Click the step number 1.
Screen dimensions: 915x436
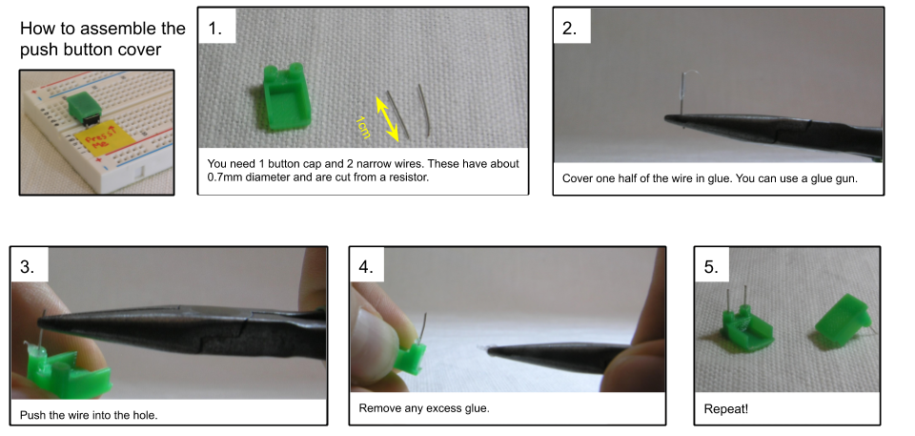point(214,28)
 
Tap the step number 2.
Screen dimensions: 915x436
point(570,28)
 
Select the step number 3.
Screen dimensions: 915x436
point(28,266)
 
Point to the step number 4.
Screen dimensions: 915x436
point(366,266)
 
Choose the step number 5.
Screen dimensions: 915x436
point(711,266)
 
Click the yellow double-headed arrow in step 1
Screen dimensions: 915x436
point(387,120)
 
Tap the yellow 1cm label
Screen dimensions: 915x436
point(363,127)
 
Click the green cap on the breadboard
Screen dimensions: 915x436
point(82,107)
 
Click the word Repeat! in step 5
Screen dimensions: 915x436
point(726,409)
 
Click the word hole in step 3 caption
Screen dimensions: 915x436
point(144,416)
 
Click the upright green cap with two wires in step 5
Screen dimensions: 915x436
point(747,324)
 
